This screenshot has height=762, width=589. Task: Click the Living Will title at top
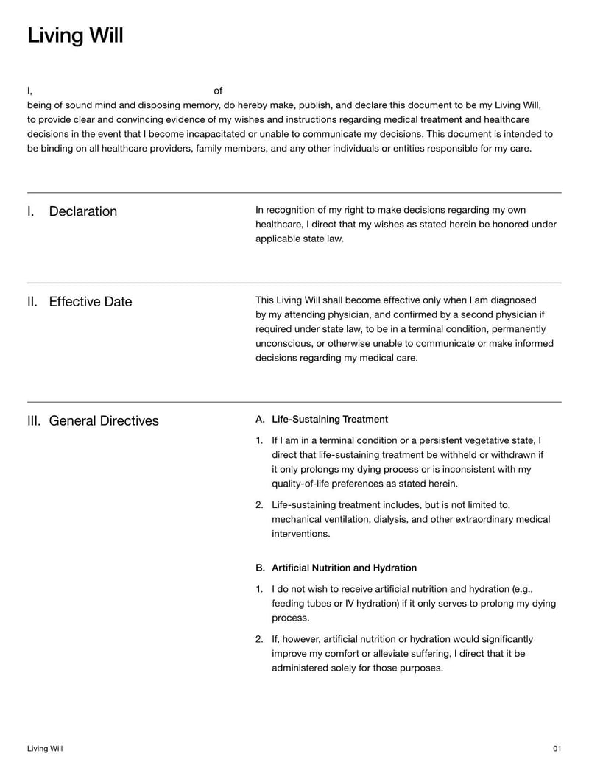click(x=75, y=35)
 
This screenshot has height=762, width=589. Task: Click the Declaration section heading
click(x=82, y=211)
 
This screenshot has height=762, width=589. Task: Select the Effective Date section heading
click(x=90, y=302)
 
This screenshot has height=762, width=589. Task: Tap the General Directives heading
click(x=103, y=421)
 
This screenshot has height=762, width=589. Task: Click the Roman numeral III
click(x=33, y=421)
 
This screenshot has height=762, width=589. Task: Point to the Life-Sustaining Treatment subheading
click(x=329, y=420)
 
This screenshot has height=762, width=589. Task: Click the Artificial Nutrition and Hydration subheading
click(x=344, y=568)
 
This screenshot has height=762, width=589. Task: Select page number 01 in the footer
click(x=557, y=749)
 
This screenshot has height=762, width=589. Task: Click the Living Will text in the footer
click(x=45, y=749)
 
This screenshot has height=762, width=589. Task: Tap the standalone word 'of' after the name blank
click(x=218, y=91)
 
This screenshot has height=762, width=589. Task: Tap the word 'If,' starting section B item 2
click(x=278, y=639)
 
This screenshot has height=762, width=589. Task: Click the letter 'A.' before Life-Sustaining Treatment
click(x=260, y=420)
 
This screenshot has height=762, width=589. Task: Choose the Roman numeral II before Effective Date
click(x=32, y=302)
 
